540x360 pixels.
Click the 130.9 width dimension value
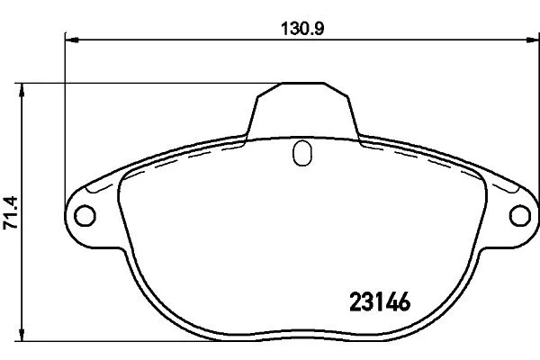302,29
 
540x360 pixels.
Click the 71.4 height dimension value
10,213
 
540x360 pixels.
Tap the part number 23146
380,301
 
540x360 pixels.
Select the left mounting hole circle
85,216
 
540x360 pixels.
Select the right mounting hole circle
520,216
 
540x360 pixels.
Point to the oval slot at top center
302,153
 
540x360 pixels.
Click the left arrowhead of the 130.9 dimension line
72,40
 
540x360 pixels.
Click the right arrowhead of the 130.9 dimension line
532,40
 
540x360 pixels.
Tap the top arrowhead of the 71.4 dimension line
22,90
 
